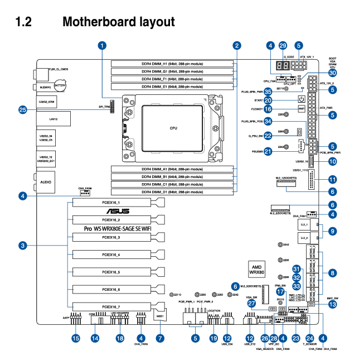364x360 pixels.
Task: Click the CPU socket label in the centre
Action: coord(173,128)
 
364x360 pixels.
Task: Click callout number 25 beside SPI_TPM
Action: coord(23,110)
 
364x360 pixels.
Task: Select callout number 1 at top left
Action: coord(102,45)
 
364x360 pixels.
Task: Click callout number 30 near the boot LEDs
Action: coord(332,73)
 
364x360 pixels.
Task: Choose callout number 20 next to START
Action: coord(268,100)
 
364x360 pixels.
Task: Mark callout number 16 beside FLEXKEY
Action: coord(268,109)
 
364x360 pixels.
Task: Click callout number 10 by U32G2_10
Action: coord(332,161)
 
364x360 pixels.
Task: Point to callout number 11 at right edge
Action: coord(332,179)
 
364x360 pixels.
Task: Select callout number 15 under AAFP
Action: coord(75,338)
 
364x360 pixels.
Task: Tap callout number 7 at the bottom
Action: coord(160,338)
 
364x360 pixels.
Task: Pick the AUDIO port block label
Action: coord(46,181)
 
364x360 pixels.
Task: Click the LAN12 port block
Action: coord(53,119)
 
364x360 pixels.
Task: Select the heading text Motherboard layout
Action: coord(119,22)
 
